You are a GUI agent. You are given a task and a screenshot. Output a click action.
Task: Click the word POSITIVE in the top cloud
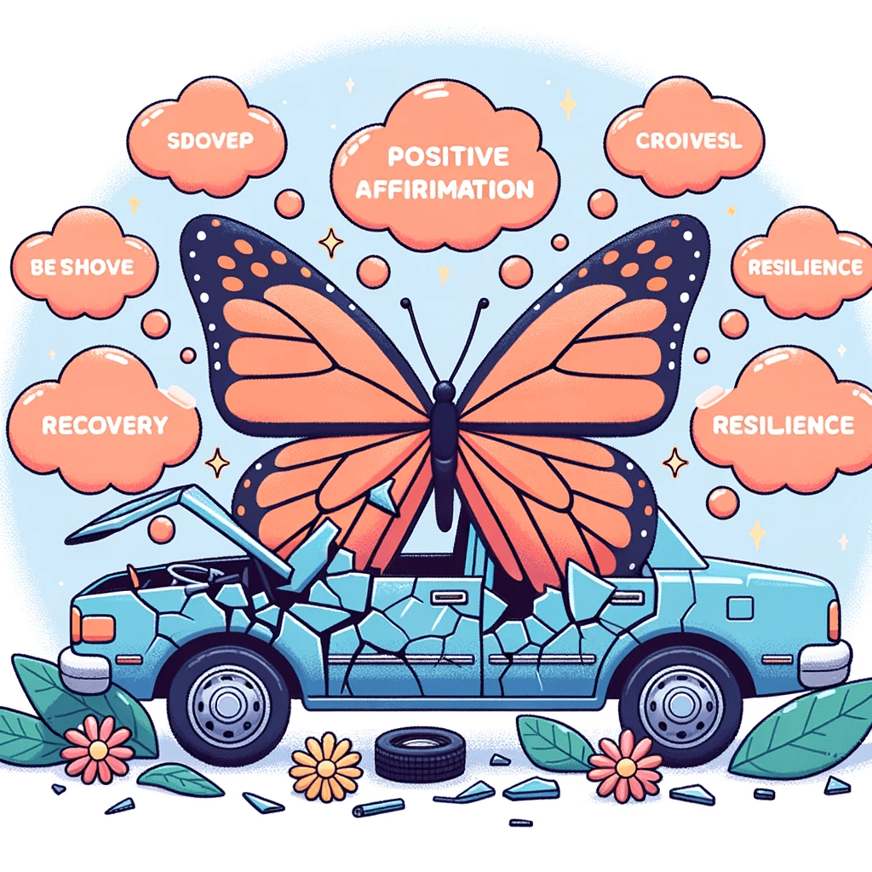[x=447, y=157]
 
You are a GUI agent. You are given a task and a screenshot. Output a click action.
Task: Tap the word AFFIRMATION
[x=445, y=188]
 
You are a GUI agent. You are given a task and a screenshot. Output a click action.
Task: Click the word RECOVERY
[x=105, y=423]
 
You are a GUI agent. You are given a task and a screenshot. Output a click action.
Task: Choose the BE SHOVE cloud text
[x=82, y=267]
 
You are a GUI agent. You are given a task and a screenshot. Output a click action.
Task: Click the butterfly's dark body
[x=443, y=451]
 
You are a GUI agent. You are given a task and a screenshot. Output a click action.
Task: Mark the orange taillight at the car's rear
[x=833, y=620]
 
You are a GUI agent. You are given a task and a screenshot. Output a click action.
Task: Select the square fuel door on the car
[x=740, y=608]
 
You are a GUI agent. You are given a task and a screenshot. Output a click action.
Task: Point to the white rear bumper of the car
[x=824, y=657]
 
